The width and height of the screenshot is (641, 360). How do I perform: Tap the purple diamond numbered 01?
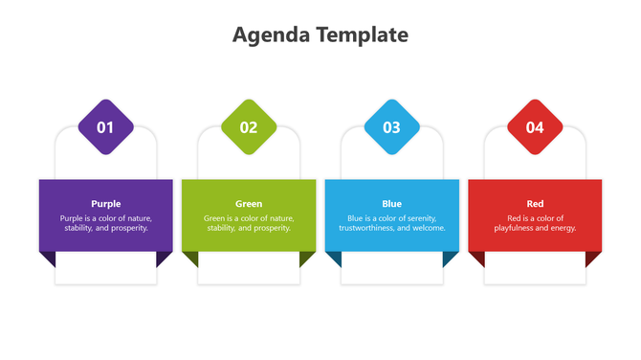tap(105, 127)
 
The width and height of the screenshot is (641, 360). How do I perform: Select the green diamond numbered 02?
tap(249, 127)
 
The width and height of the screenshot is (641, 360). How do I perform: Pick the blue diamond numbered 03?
tap(392, 127)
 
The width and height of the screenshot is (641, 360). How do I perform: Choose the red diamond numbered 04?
tap(535, 127)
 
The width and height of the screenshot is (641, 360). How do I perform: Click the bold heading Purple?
tap(105, 204)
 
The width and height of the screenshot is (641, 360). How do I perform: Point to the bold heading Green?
tap(249, 204)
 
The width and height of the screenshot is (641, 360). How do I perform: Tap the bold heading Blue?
tap(392, 204)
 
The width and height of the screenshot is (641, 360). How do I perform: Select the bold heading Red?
tap(535, 204)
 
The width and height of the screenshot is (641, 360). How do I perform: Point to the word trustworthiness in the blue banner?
tap(371, 229)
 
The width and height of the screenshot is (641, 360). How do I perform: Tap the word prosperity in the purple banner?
tap(128, 229)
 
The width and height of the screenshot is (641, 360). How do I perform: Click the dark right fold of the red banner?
tap(593, 258)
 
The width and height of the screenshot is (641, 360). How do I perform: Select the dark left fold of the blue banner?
tap(334, 258)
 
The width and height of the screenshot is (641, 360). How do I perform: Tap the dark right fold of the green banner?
tap(306, 258)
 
